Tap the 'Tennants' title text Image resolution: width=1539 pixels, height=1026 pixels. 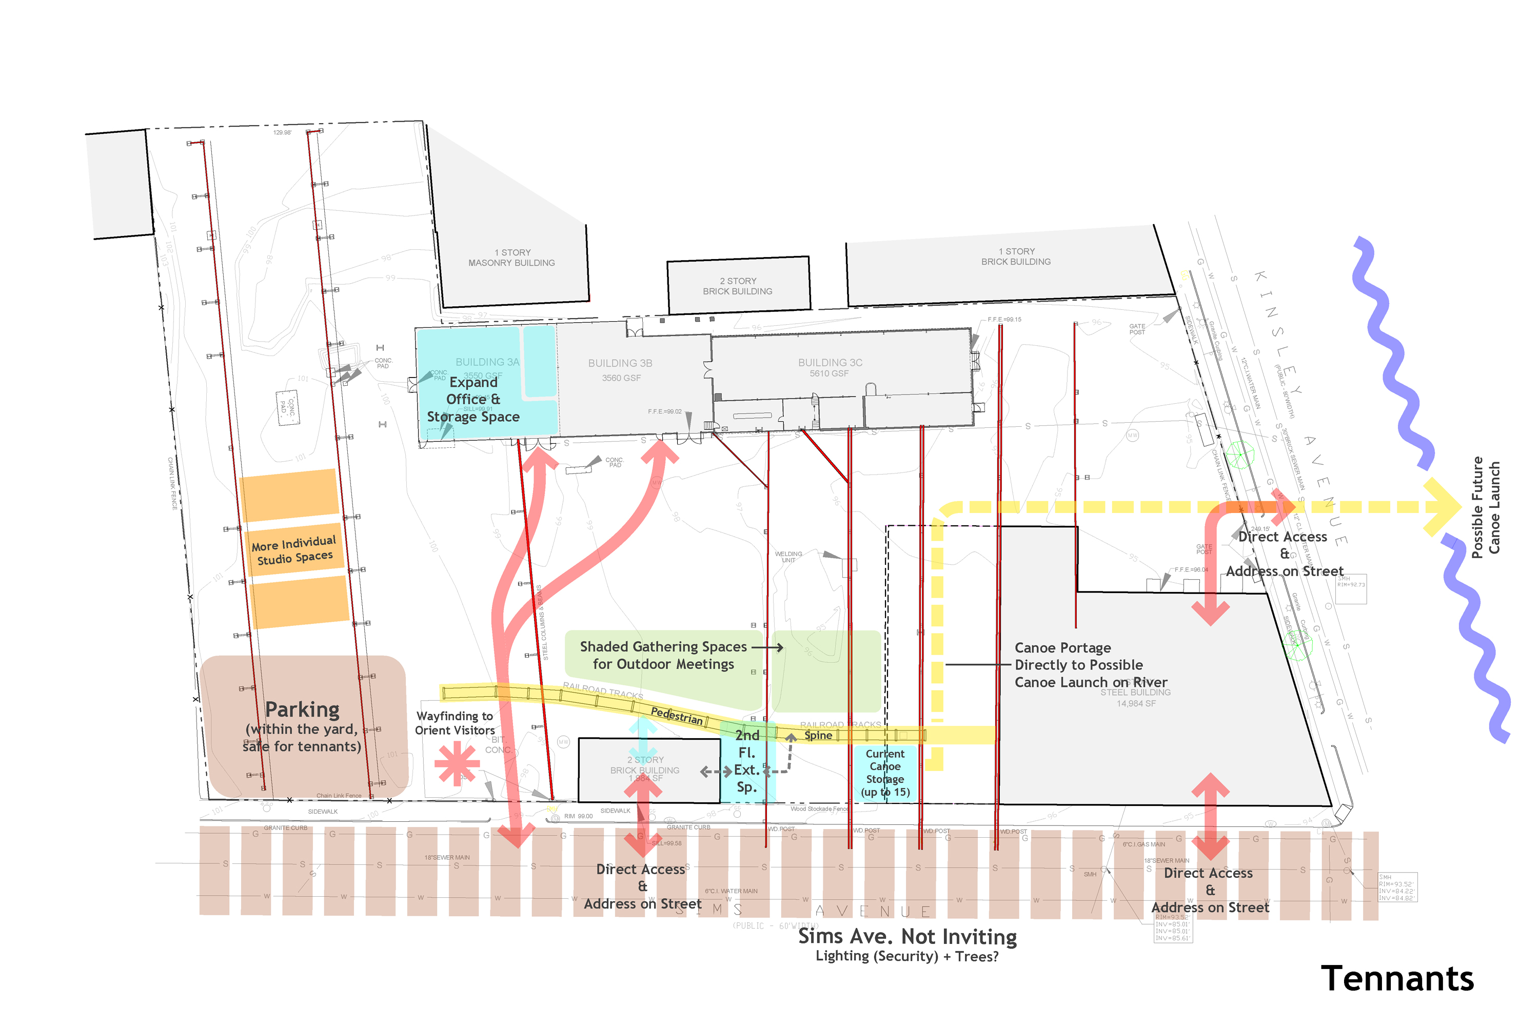1397,979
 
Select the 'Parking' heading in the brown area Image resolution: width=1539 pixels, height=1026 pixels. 302,709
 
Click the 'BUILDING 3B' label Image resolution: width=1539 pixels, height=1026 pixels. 620,363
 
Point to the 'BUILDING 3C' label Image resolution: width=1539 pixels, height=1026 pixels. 830,363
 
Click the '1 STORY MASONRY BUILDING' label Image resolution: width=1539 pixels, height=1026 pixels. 511,258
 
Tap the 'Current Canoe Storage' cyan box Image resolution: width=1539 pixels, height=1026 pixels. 884,773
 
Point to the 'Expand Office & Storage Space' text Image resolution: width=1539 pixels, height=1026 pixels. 473,399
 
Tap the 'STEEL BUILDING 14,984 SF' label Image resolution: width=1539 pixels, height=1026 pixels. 1135,698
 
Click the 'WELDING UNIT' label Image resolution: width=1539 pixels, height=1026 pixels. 788,557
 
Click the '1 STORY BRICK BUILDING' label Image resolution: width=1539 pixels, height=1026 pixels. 1016,256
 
